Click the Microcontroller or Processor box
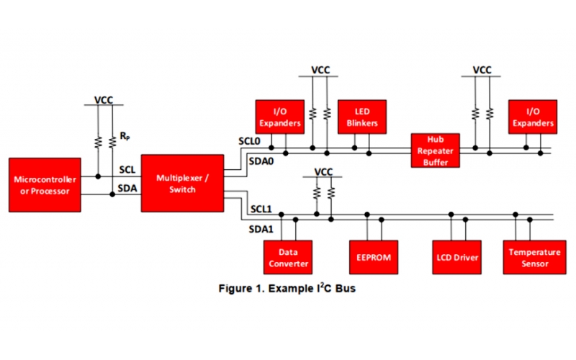click(40, 185)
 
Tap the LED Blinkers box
click(362, 117)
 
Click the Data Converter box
click(288, 258)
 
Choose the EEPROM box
click(373, 258)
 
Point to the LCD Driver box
click(458, 258)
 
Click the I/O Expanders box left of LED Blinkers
click(279, 117)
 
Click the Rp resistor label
click(125, 135)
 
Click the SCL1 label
click(260, 209)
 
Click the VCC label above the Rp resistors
click(104, 100)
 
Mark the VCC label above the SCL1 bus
click(324, 172)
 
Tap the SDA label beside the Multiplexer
click(127, 188)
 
